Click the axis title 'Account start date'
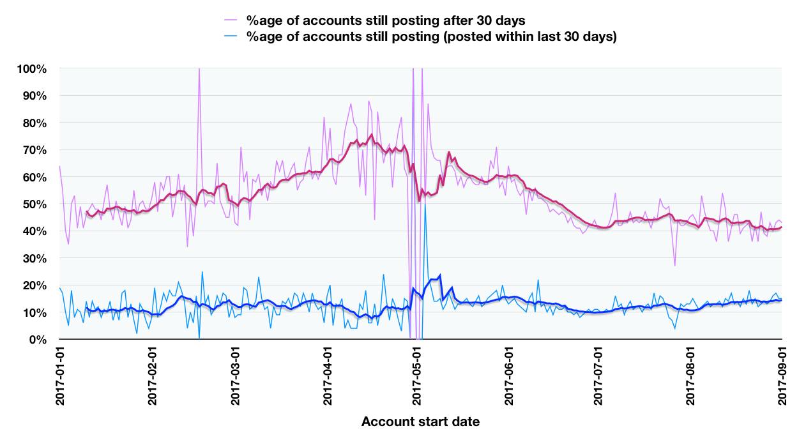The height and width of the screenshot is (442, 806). click(420, 422)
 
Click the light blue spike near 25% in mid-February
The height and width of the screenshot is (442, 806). click(202, 272)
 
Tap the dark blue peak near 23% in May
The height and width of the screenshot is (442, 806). click(441, 275)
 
